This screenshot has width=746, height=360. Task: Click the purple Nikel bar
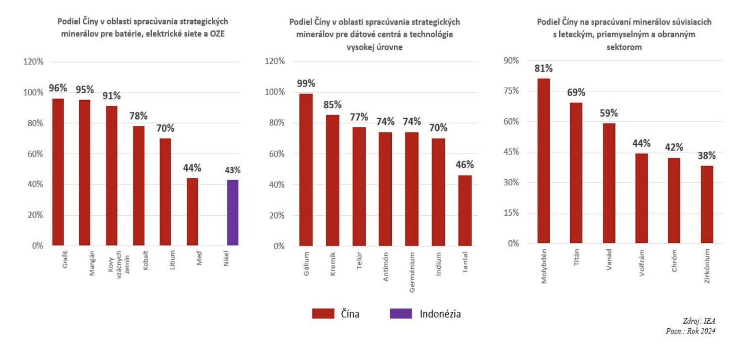pyautogui.click(x=233, y=212)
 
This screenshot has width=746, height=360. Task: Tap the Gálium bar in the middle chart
pyautogui.click(x=306, y=170)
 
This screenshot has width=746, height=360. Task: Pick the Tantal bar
pyautogui.click(x=465, y=211)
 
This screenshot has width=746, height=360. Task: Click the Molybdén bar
pyautogui.click(x=544, y=161)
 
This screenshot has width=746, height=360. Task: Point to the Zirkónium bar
pyautogui.click(x=707, y=204)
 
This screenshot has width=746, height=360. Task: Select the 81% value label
pyautogui.click(x=544, y=69)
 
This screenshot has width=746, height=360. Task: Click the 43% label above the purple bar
pyautogui.click(x=233, y=170)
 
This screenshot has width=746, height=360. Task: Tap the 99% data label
pyautogui.click(x=306, y=84)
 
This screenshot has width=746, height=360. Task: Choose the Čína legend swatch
pyautogui.click(x=323, y=314)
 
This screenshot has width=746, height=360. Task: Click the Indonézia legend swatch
pyautogui.click(x=401, y=314)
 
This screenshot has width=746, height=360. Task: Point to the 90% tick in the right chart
pyautogui.click(x=511, y=61)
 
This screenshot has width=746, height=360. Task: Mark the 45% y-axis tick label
pyautogui.click(x=511, y=152)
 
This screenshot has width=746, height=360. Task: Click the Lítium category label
pyautogui.click(x=173, y=260)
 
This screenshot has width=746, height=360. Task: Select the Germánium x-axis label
pyautogui.click(x=412, y=272)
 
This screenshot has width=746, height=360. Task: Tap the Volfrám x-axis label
pyautogui.click(x=642, y=263)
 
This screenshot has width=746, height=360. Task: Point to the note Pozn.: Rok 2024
pyautogui.click(x=690, y=331)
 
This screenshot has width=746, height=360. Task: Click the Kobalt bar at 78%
pyautogui.click(x=139, y=185)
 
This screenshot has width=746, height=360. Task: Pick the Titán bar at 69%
pyautogui.click(x=576, y=173)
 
